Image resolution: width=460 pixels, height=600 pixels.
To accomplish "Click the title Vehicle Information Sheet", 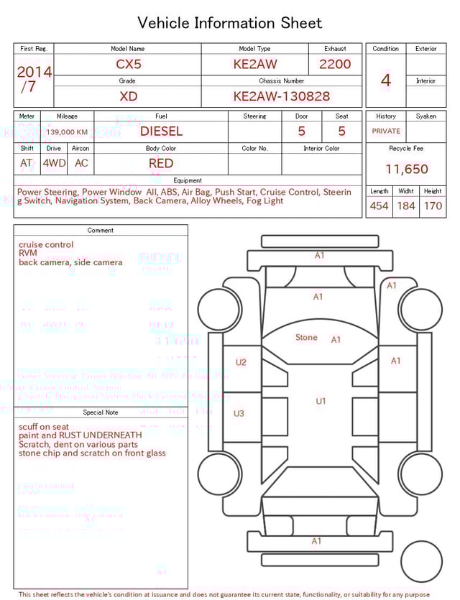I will click(230, 23).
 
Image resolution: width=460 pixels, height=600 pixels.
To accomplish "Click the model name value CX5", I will click(129, 64).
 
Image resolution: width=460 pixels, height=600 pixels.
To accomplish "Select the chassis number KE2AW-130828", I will click(282, 96).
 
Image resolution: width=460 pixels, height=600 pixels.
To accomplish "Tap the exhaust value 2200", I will click(335, 64).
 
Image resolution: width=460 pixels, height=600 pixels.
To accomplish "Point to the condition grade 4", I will click(386, 80).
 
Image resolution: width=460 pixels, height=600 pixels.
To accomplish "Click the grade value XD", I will click(129, 96).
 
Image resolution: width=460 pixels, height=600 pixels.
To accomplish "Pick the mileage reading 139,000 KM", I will click(67, 132).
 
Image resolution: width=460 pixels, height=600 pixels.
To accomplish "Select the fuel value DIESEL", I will click(161, 131).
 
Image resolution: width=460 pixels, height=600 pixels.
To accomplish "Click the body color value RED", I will click(161, 163).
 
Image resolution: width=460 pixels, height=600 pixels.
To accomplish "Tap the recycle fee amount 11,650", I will click(406, 170).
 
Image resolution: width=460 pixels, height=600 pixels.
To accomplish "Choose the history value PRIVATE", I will click(386, 131).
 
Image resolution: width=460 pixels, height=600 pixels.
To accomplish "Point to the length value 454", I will click(379, 206).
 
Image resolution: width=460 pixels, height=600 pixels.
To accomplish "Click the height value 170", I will click(433, 206).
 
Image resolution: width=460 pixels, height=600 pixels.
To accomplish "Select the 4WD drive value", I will click(54, 163).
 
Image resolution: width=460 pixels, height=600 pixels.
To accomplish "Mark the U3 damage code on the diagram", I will click(239, 414).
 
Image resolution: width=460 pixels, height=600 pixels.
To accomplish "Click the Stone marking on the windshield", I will click(306, 338).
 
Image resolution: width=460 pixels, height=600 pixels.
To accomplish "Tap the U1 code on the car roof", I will click(321, 401).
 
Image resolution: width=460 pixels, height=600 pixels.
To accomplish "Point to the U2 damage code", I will click(241, 363).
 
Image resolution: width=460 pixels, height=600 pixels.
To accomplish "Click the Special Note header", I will click(101, 412).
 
